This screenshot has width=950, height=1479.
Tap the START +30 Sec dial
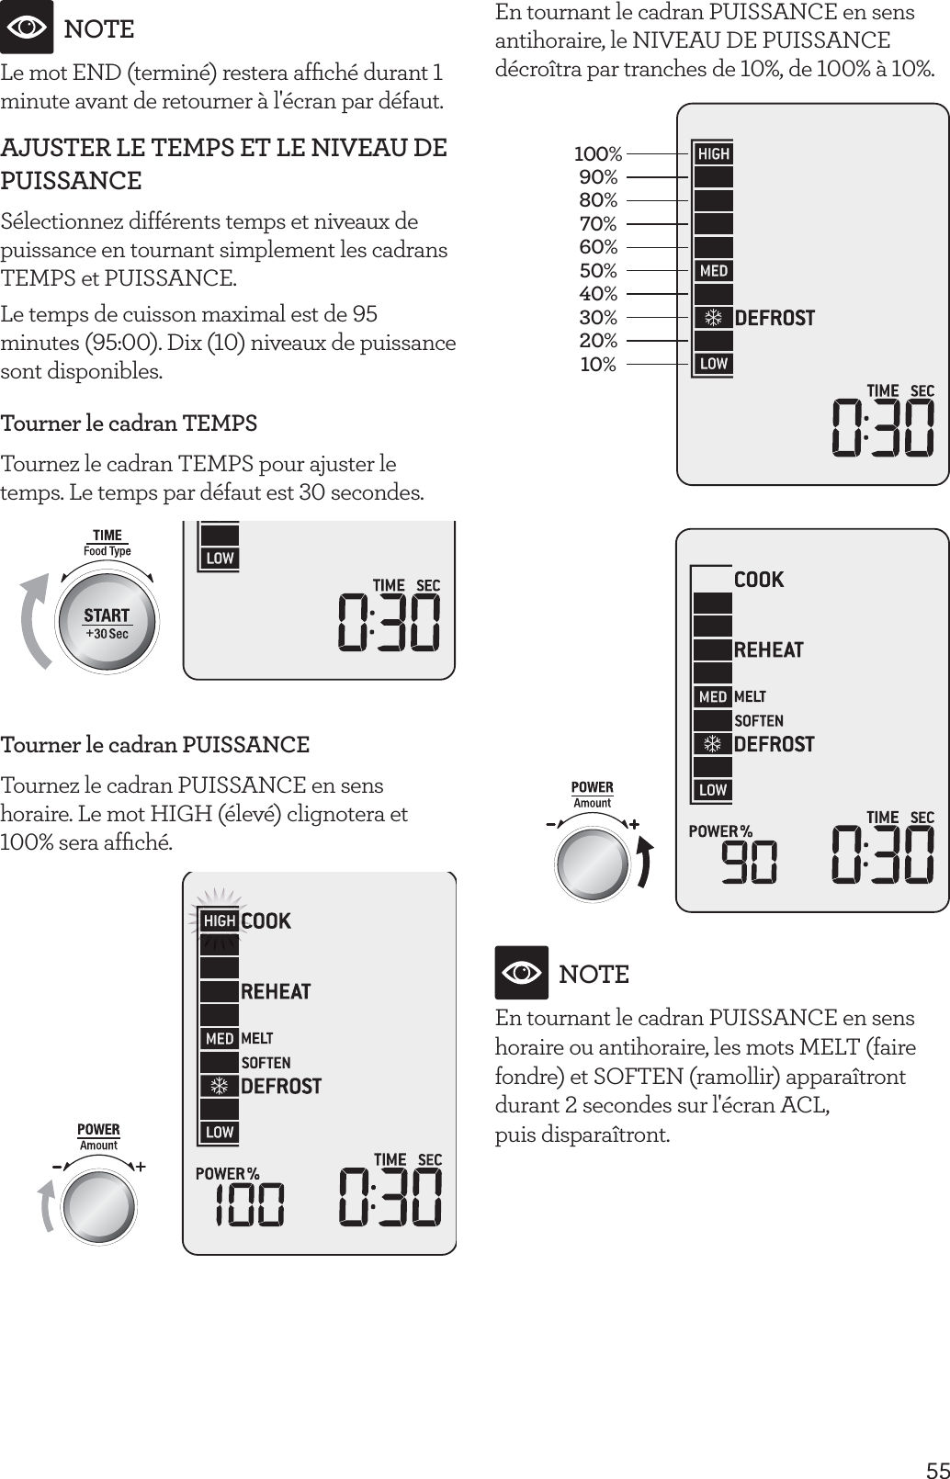(x=107, y=623)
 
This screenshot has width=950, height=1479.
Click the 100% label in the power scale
(x=598, y=153)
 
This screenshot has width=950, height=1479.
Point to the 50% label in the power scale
(x=598, y=271)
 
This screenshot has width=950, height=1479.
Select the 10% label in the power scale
(x=598, y=365)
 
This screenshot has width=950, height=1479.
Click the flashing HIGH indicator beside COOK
(x=220, y=920)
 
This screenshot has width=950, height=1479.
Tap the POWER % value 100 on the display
(x=249, y=1204)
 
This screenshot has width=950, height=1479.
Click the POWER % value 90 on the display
(x=748, y=864)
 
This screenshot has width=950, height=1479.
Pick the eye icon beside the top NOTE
(x=27, y=28)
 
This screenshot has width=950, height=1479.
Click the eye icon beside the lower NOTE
(x=521, y=973)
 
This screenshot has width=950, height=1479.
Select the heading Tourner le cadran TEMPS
(x=129, y=423)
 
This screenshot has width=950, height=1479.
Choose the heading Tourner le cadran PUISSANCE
(x=154, y=744)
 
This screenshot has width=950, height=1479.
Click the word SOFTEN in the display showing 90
(x=758, y=721)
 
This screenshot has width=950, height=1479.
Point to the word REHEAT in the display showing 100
(x=276, y=991)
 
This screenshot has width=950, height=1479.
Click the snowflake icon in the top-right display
(x=712, y=318)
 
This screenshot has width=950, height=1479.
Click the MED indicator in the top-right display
(x=713, y=271)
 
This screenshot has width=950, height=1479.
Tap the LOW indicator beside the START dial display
(x=220, y=558)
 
